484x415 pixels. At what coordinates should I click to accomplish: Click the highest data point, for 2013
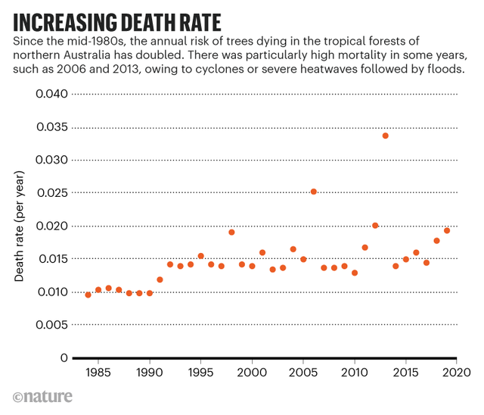(385, 136)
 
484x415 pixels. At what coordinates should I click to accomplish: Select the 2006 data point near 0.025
(314, 192)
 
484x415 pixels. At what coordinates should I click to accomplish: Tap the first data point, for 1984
(88, 295)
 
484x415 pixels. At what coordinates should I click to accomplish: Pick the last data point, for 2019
(447, 230)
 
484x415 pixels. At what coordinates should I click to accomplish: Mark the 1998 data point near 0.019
(231, 232)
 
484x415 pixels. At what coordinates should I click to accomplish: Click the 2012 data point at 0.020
(375, 226)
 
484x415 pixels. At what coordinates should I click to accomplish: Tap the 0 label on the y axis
(64, 358)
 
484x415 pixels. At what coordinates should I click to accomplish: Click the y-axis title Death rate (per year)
(20, 226)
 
